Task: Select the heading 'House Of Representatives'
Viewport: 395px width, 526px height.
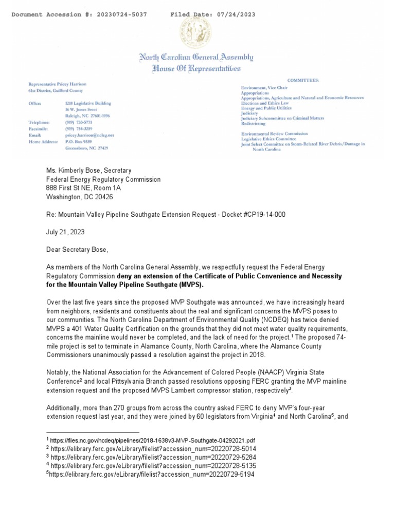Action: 195,68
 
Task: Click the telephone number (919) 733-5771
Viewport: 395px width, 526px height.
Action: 75,122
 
